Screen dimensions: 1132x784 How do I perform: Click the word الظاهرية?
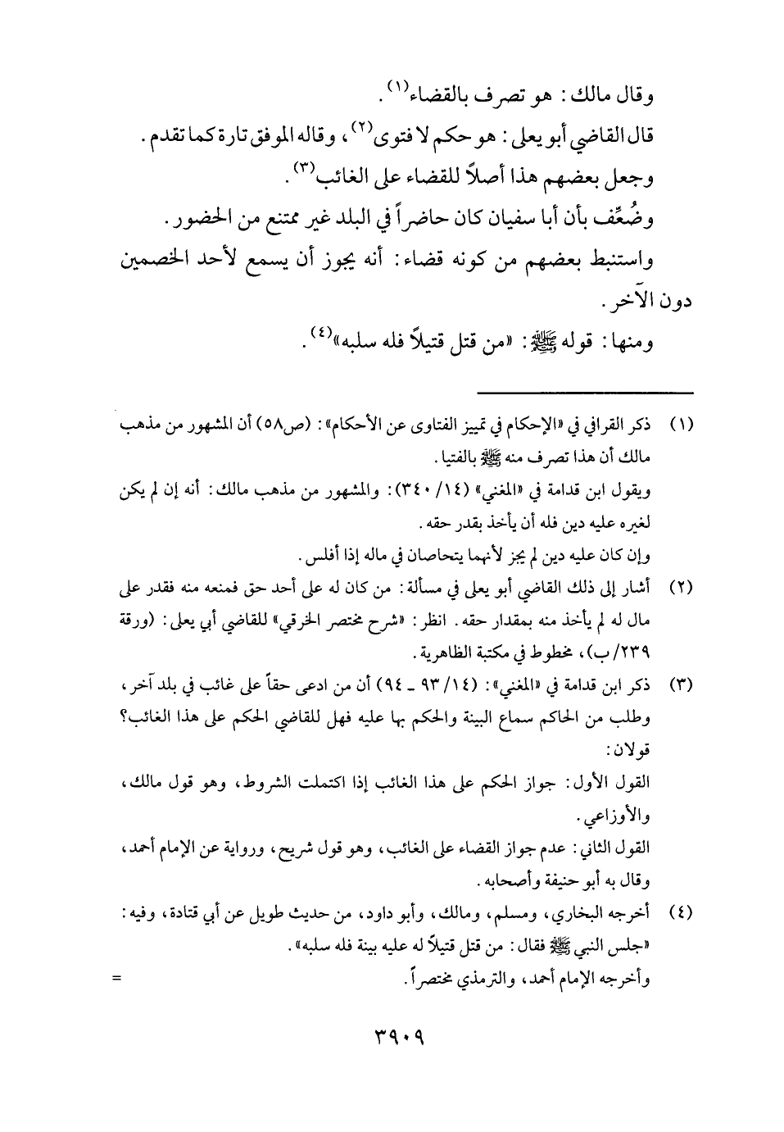pyautogui.click(x=439, y=653)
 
